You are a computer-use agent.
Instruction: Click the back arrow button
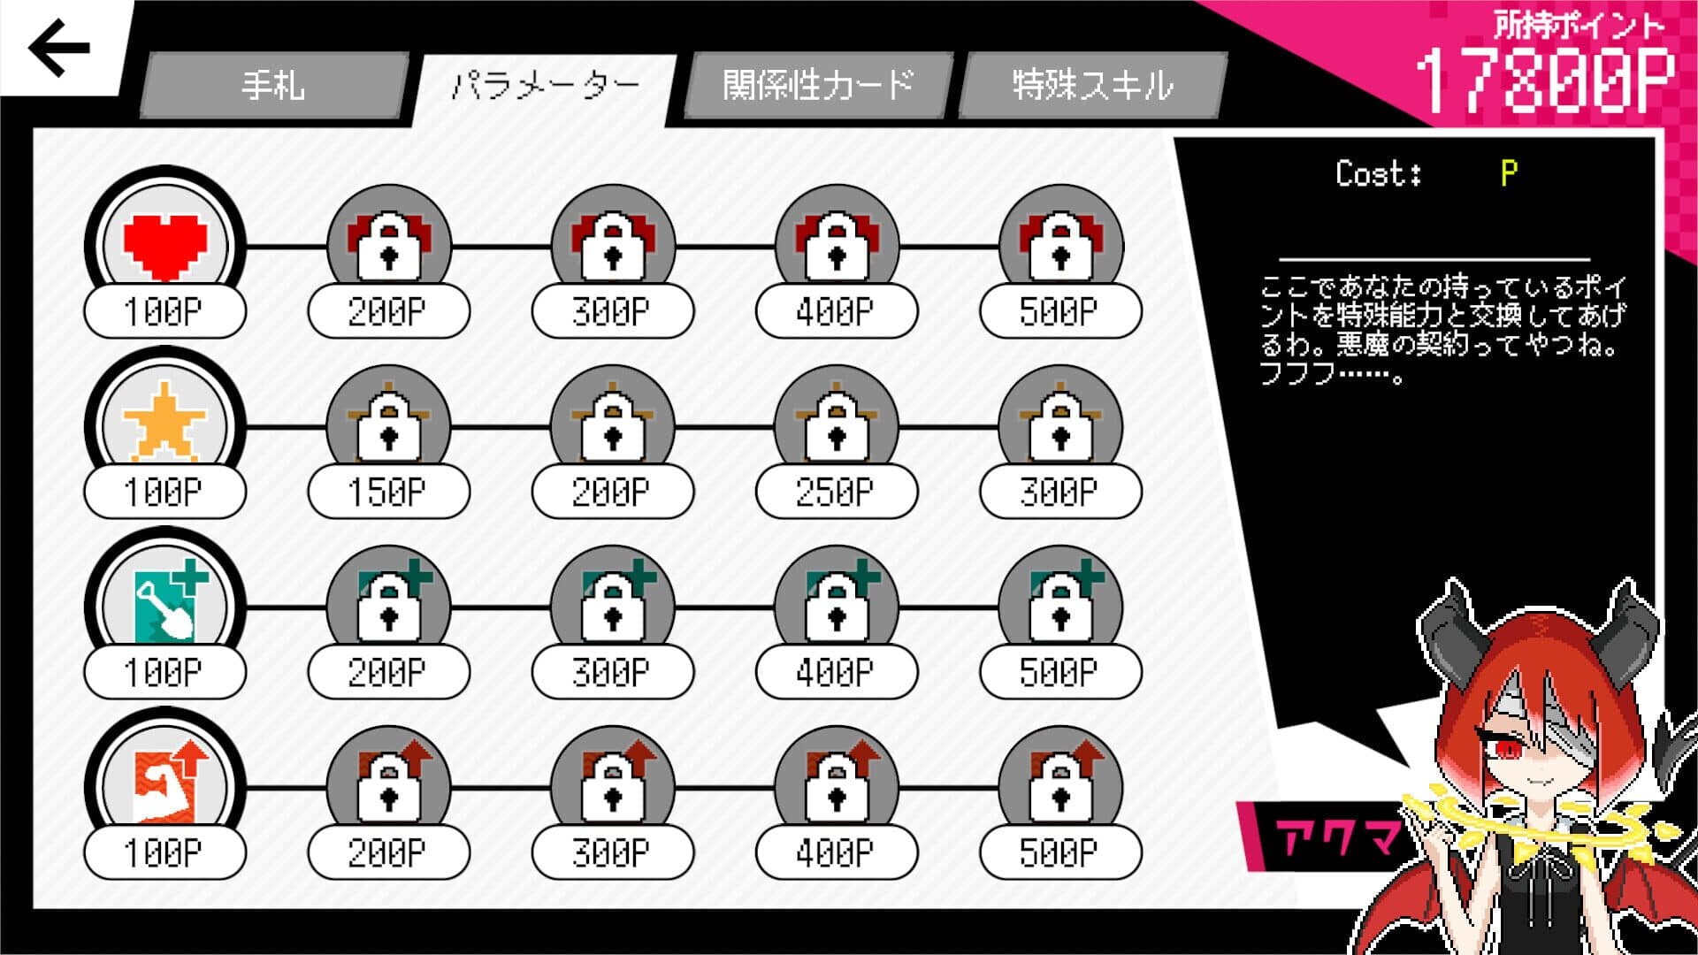[x=59, y=48]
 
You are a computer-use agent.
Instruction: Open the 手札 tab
[x=273, y=85]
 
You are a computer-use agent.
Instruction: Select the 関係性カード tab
[x=818, y=85]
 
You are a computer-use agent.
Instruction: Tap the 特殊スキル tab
[x=1092, y=85]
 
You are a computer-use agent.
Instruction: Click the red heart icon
[x=165, y=245]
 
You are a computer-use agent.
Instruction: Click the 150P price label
[x=388, y=492]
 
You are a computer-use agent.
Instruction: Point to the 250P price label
[x=836, y=492]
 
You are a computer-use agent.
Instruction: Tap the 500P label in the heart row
[x=1060, y=311]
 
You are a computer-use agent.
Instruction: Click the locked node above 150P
[x=388, y=423]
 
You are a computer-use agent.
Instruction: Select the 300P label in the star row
[x=1060, y=492]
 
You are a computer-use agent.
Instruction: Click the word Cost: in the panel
[x=1379, y=173]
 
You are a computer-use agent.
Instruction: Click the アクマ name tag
[x=1335, y=836]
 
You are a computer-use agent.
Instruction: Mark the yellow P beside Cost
[x=1509, y=173]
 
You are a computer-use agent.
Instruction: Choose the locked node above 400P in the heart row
[x=836, y=242]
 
